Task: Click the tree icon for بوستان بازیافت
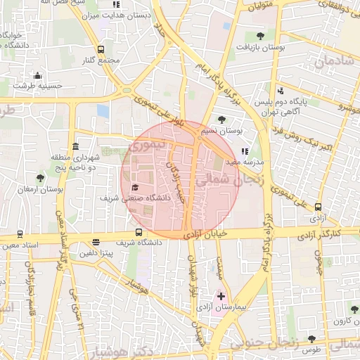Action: click(x=261, y=36)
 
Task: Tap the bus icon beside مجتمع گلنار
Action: click(x=101, y=49)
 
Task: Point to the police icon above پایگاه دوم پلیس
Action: click(x=281, y=90)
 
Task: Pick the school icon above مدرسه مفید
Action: click(x=244, y=150)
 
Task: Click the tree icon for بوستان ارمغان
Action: click(x=39, y=178)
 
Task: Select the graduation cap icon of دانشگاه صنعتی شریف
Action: click(x=134, y=187)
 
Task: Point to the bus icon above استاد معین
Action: click(x=20, y=234)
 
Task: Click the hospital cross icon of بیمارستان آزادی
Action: click(x=221, y=297)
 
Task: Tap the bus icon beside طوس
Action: click(x=311, y=340)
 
